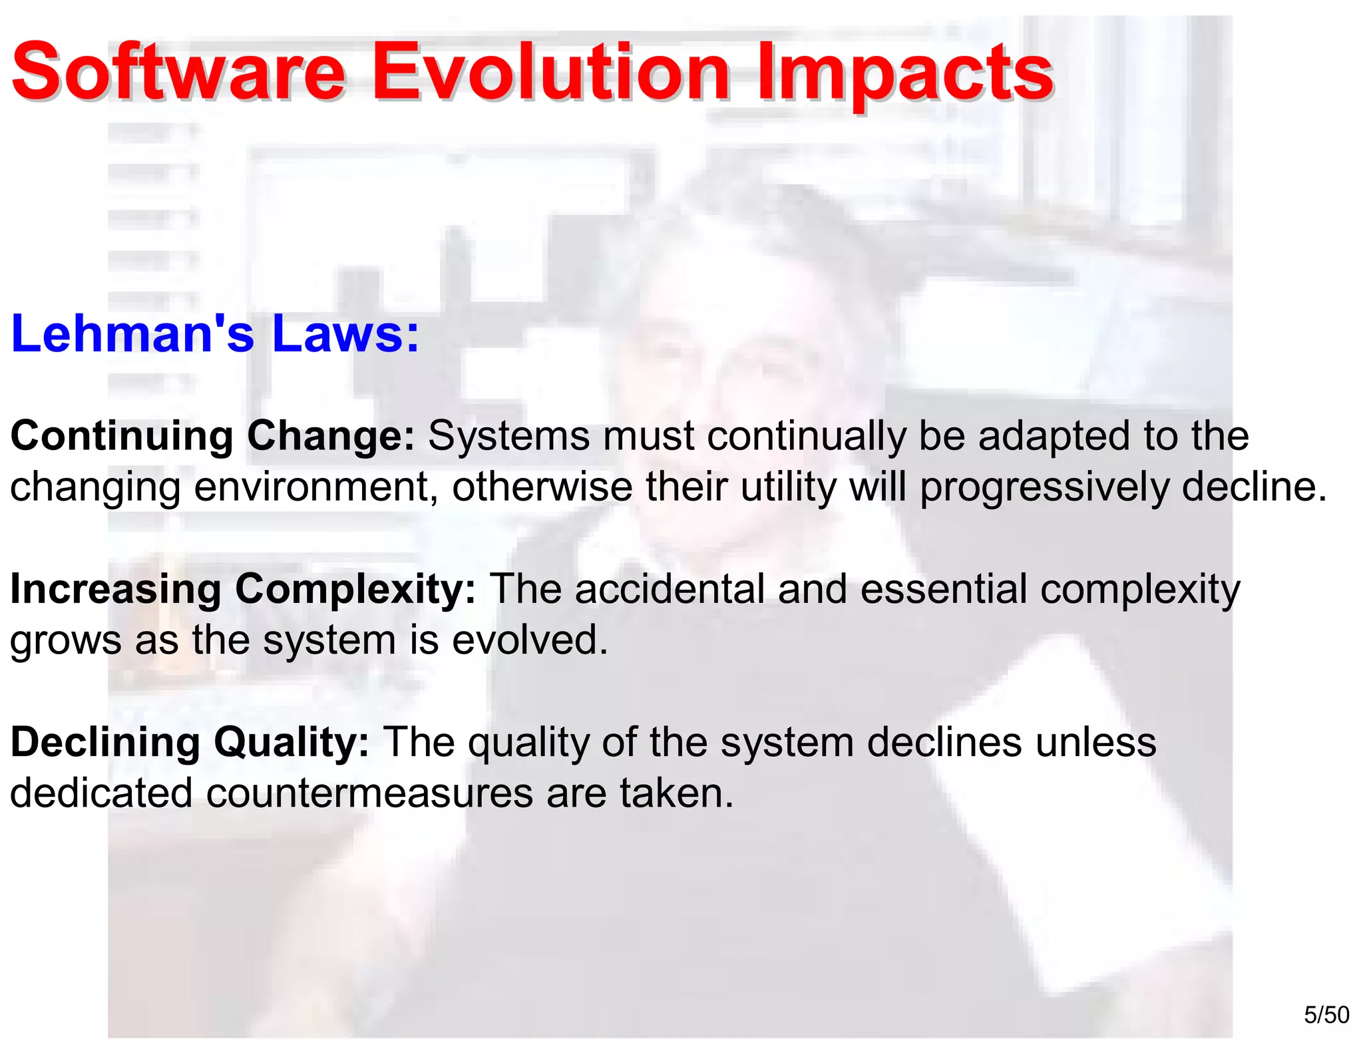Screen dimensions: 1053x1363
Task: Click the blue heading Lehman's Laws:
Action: pos(215,333)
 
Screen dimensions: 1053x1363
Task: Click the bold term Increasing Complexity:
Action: pos(243,590)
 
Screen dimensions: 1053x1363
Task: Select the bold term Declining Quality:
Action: pos(190,743)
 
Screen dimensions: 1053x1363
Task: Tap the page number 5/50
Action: pos(1326,1015)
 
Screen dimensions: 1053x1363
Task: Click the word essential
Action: pos(944,590)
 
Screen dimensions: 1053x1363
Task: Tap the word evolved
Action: pos(530,640)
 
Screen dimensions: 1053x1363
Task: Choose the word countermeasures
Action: pos(369,793)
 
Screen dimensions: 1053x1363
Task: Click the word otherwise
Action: pos(542,487)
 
